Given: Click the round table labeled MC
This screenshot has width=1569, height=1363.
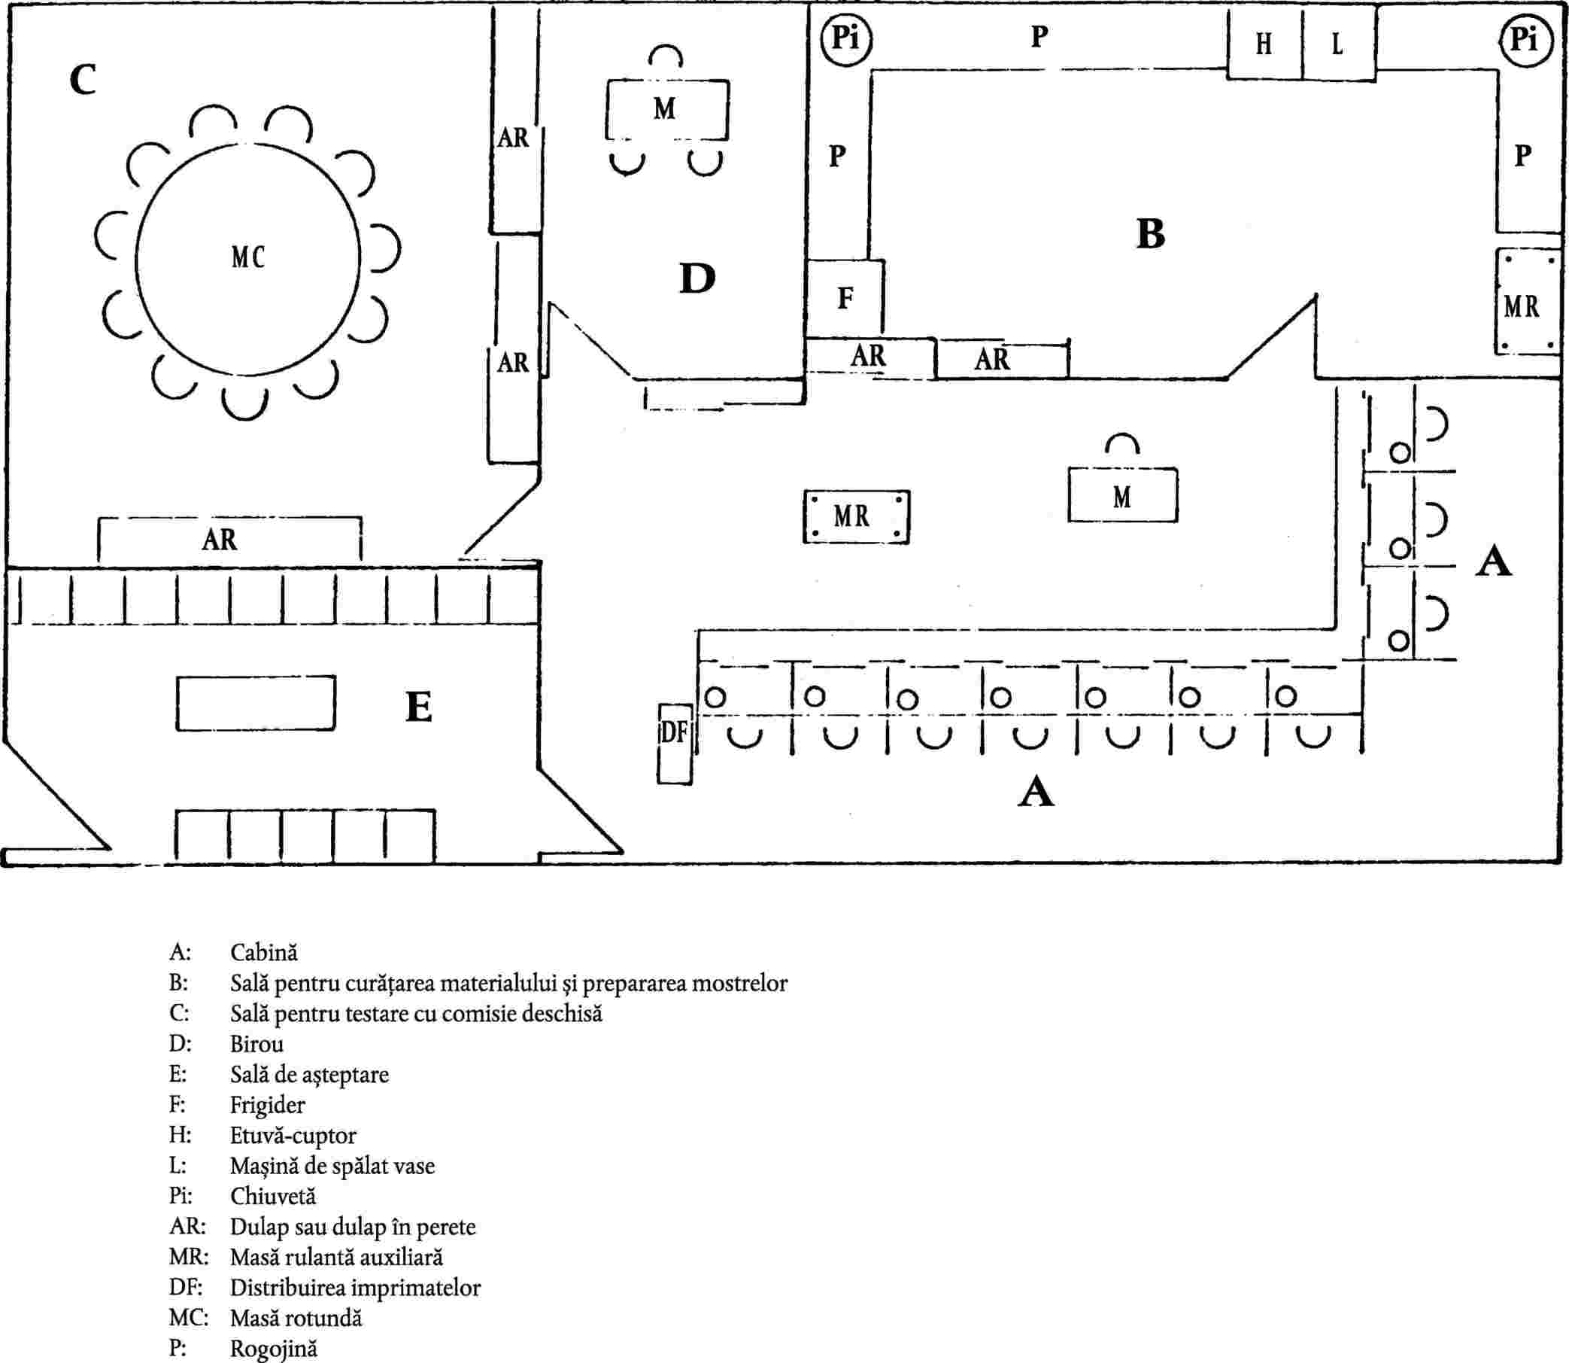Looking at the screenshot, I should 247,258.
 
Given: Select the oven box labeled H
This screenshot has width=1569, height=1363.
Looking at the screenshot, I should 1264,44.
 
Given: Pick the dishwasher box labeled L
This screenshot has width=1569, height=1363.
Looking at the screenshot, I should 1338,44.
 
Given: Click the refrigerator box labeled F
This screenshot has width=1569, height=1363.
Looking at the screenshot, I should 845,297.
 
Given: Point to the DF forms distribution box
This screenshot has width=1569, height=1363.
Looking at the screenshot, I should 674,743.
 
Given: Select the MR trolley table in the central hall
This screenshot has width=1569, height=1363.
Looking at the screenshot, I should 856,516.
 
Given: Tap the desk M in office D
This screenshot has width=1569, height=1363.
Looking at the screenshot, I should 666,110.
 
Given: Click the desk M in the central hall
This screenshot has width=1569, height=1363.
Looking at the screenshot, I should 1122,495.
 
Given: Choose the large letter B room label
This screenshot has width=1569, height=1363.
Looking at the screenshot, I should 1150,234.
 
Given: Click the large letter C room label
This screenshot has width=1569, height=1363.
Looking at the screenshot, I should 83,79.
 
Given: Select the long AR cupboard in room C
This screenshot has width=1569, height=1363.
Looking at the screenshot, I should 229,541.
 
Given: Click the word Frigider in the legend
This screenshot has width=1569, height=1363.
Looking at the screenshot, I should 267,1104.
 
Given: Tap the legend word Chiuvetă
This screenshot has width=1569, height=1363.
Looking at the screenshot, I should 272,1196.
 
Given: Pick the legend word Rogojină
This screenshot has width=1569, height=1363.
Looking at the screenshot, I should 273,1349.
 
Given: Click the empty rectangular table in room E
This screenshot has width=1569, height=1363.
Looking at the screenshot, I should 256,703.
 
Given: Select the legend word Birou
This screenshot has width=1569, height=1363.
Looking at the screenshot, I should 256,1044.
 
